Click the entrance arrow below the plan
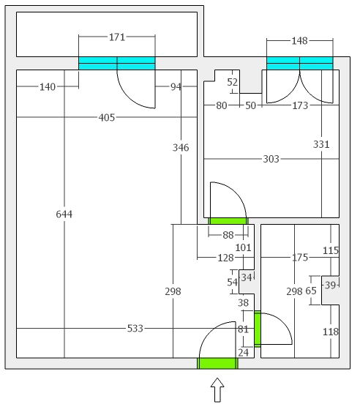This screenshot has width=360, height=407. pos(217,390)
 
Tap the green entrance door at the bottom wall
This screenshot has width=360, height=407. pos(217,363)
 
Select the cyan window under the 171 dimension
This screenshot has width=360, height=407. pos(117,64)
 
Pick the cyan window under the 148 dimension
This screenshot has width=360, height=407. pos(300,64)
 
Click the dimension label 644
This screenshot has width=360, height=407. pos(64,214)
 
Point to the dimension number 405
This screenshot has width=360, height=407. pos(107,118)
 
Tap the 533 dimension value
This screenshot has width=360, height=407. pos(135,329)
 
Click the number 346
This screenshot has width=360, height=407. pos(181,148)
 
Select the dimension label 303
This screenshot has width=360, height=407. pos(271,159)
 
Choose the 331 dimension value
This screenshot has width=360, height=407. pos(321,144)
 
